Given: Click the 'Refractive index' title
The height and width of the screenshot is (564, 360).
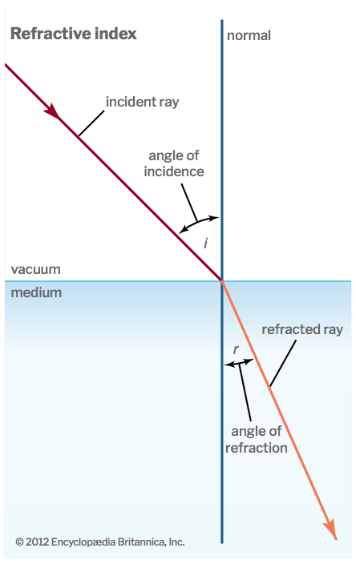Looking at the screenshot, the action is point(74,34).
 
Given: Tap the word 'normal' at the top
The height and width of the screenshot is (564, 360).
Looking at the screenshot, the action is point(249,35).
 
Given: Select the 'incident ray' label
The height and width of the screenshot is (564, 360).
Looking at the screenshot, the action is point(142,103).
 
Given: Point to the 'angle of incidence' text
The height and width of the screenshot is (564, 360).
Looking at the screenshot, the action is point(174,163).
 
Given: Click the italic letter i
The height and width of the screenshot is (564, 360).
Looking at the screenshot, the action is point(205,244).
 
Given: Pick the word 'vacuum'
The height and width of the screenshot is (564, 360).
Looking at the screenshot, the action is point(35,269).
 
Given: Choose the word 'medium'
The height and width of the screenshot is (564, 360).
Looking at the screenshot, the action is point(36,292).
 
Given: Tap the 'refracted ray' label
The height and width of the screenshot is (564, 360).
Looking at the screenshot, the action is point(302,329).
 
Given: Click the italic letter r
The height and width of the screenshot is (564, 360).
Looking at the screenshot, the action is point(236,349).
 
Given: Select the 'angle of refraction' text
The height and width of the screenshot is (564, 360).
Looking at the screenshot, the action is point(257,440).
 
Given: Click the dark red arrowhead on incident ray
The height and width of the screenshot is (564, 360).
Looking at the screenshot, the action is point(53,111).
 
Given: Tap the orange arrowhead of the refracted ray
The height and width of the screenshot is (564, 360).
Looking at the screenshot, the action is point(330,529).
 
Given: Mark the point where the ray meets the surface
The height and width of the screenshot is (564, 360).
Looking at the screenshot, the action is point(222,281).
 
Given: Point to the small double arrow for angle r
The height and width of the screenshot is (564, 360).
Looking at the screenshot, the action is point(239,363).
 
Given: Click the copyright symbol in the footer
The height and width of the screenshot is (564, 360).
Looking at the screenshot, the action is point(19,542).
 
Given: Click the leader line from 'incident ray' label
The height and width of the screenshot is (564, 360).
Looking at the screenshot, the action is point(91,123).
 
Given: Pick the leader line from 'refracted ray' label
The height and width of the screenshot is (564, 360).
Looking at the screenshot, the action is point(283,364).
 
